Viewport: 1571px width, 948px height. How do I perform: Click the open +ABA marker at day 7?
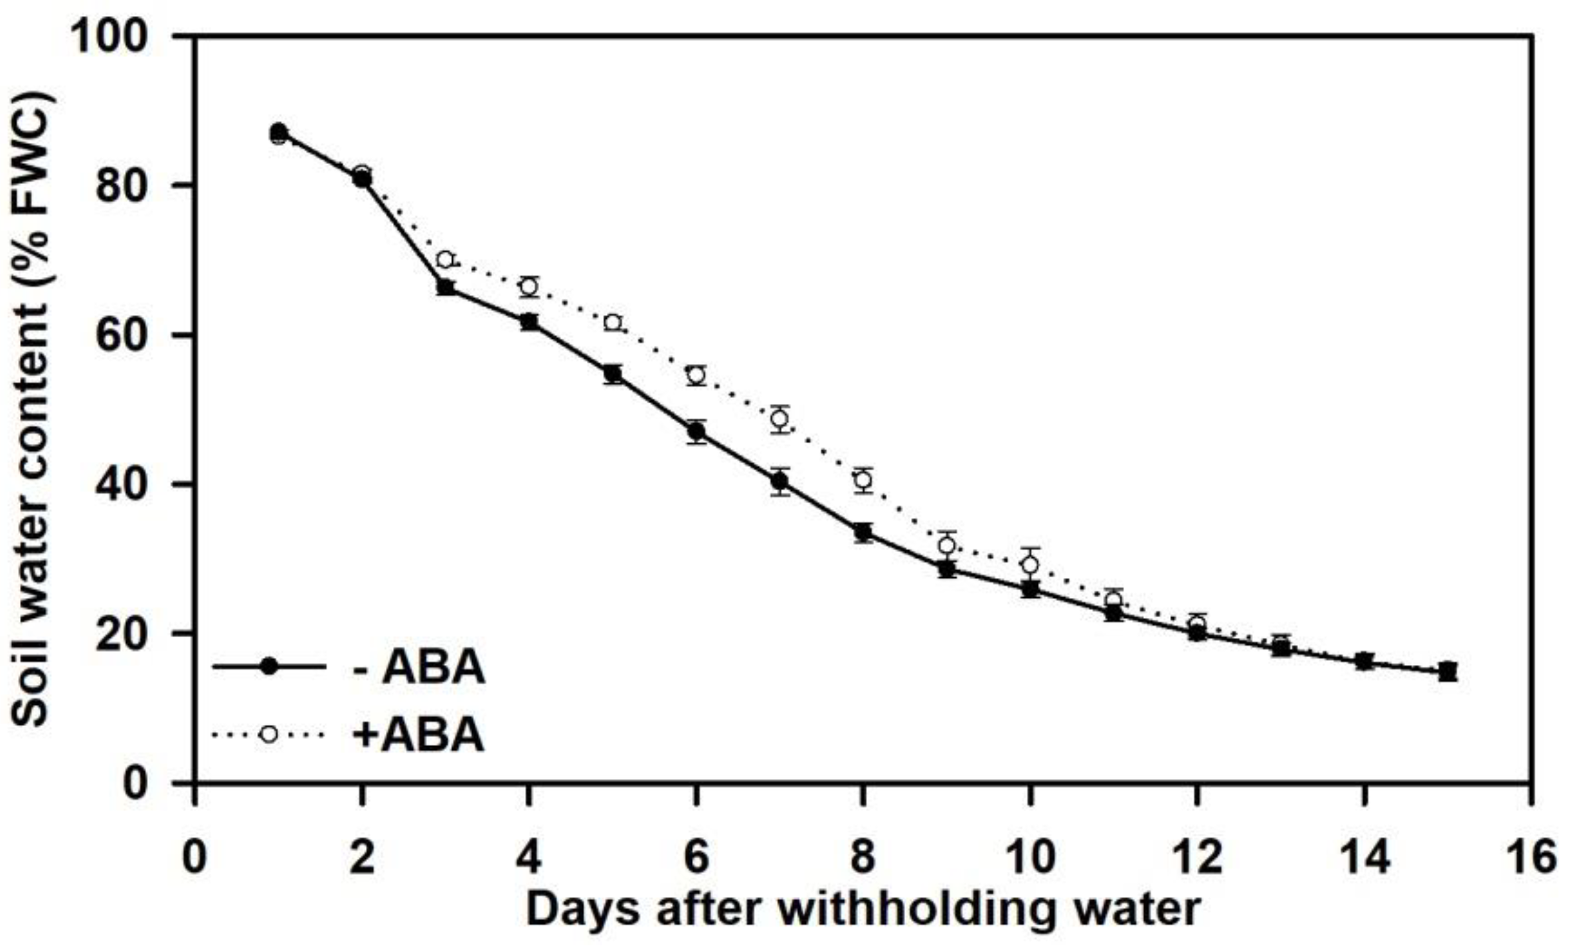pyautogui.click(x=780, y=419)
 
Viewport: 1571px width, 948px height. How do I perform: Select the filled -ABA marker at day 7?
pyautogui.click(x=780, y=482)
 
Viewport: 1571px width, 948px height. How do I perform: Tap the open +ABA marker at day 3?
pyautogui.click(x=445, y=259)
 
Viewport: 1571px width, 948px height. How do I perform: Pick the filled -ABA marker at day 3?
pyautogui.click(x=445, y=288)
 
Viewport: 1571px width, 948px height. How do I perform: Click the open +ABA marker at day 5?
pyautogui.click(x=612, y=322)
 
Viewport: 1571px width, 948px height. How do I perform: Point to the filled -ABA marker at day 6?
pyautogui.click(x=696, y=432)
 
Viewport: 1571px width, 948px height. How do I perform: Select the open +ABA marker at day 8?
pyautogui.click(x=863, y=479)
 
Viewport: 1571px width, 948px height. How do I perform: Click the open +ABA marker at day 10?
pyautogui.click(x=1030, y=565)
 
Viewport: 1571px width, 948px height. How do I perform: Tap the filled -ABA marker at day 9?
pyautogui.click(x=947, y=569)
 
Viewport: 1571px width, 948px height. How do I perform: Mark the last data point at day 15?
pyautogui.click(x=1447, y=672)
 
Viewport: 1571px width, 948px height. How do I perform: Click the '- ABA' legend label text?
pyautogui.click(x=418, y=668)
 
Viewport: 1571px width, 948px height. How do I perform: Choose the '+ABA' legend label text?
pyautogui.click(x=418, y=735)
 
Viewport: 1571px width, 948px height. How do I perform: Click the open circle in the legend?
pyautogui.click(x=269, y=734)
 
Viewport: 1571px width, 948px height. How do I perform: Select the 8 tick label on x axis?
pyautogui.click(x=863, y=856)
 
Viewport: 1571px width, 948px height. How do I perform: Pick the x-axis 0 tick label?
pyautogui.click(x=195, y=856)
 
